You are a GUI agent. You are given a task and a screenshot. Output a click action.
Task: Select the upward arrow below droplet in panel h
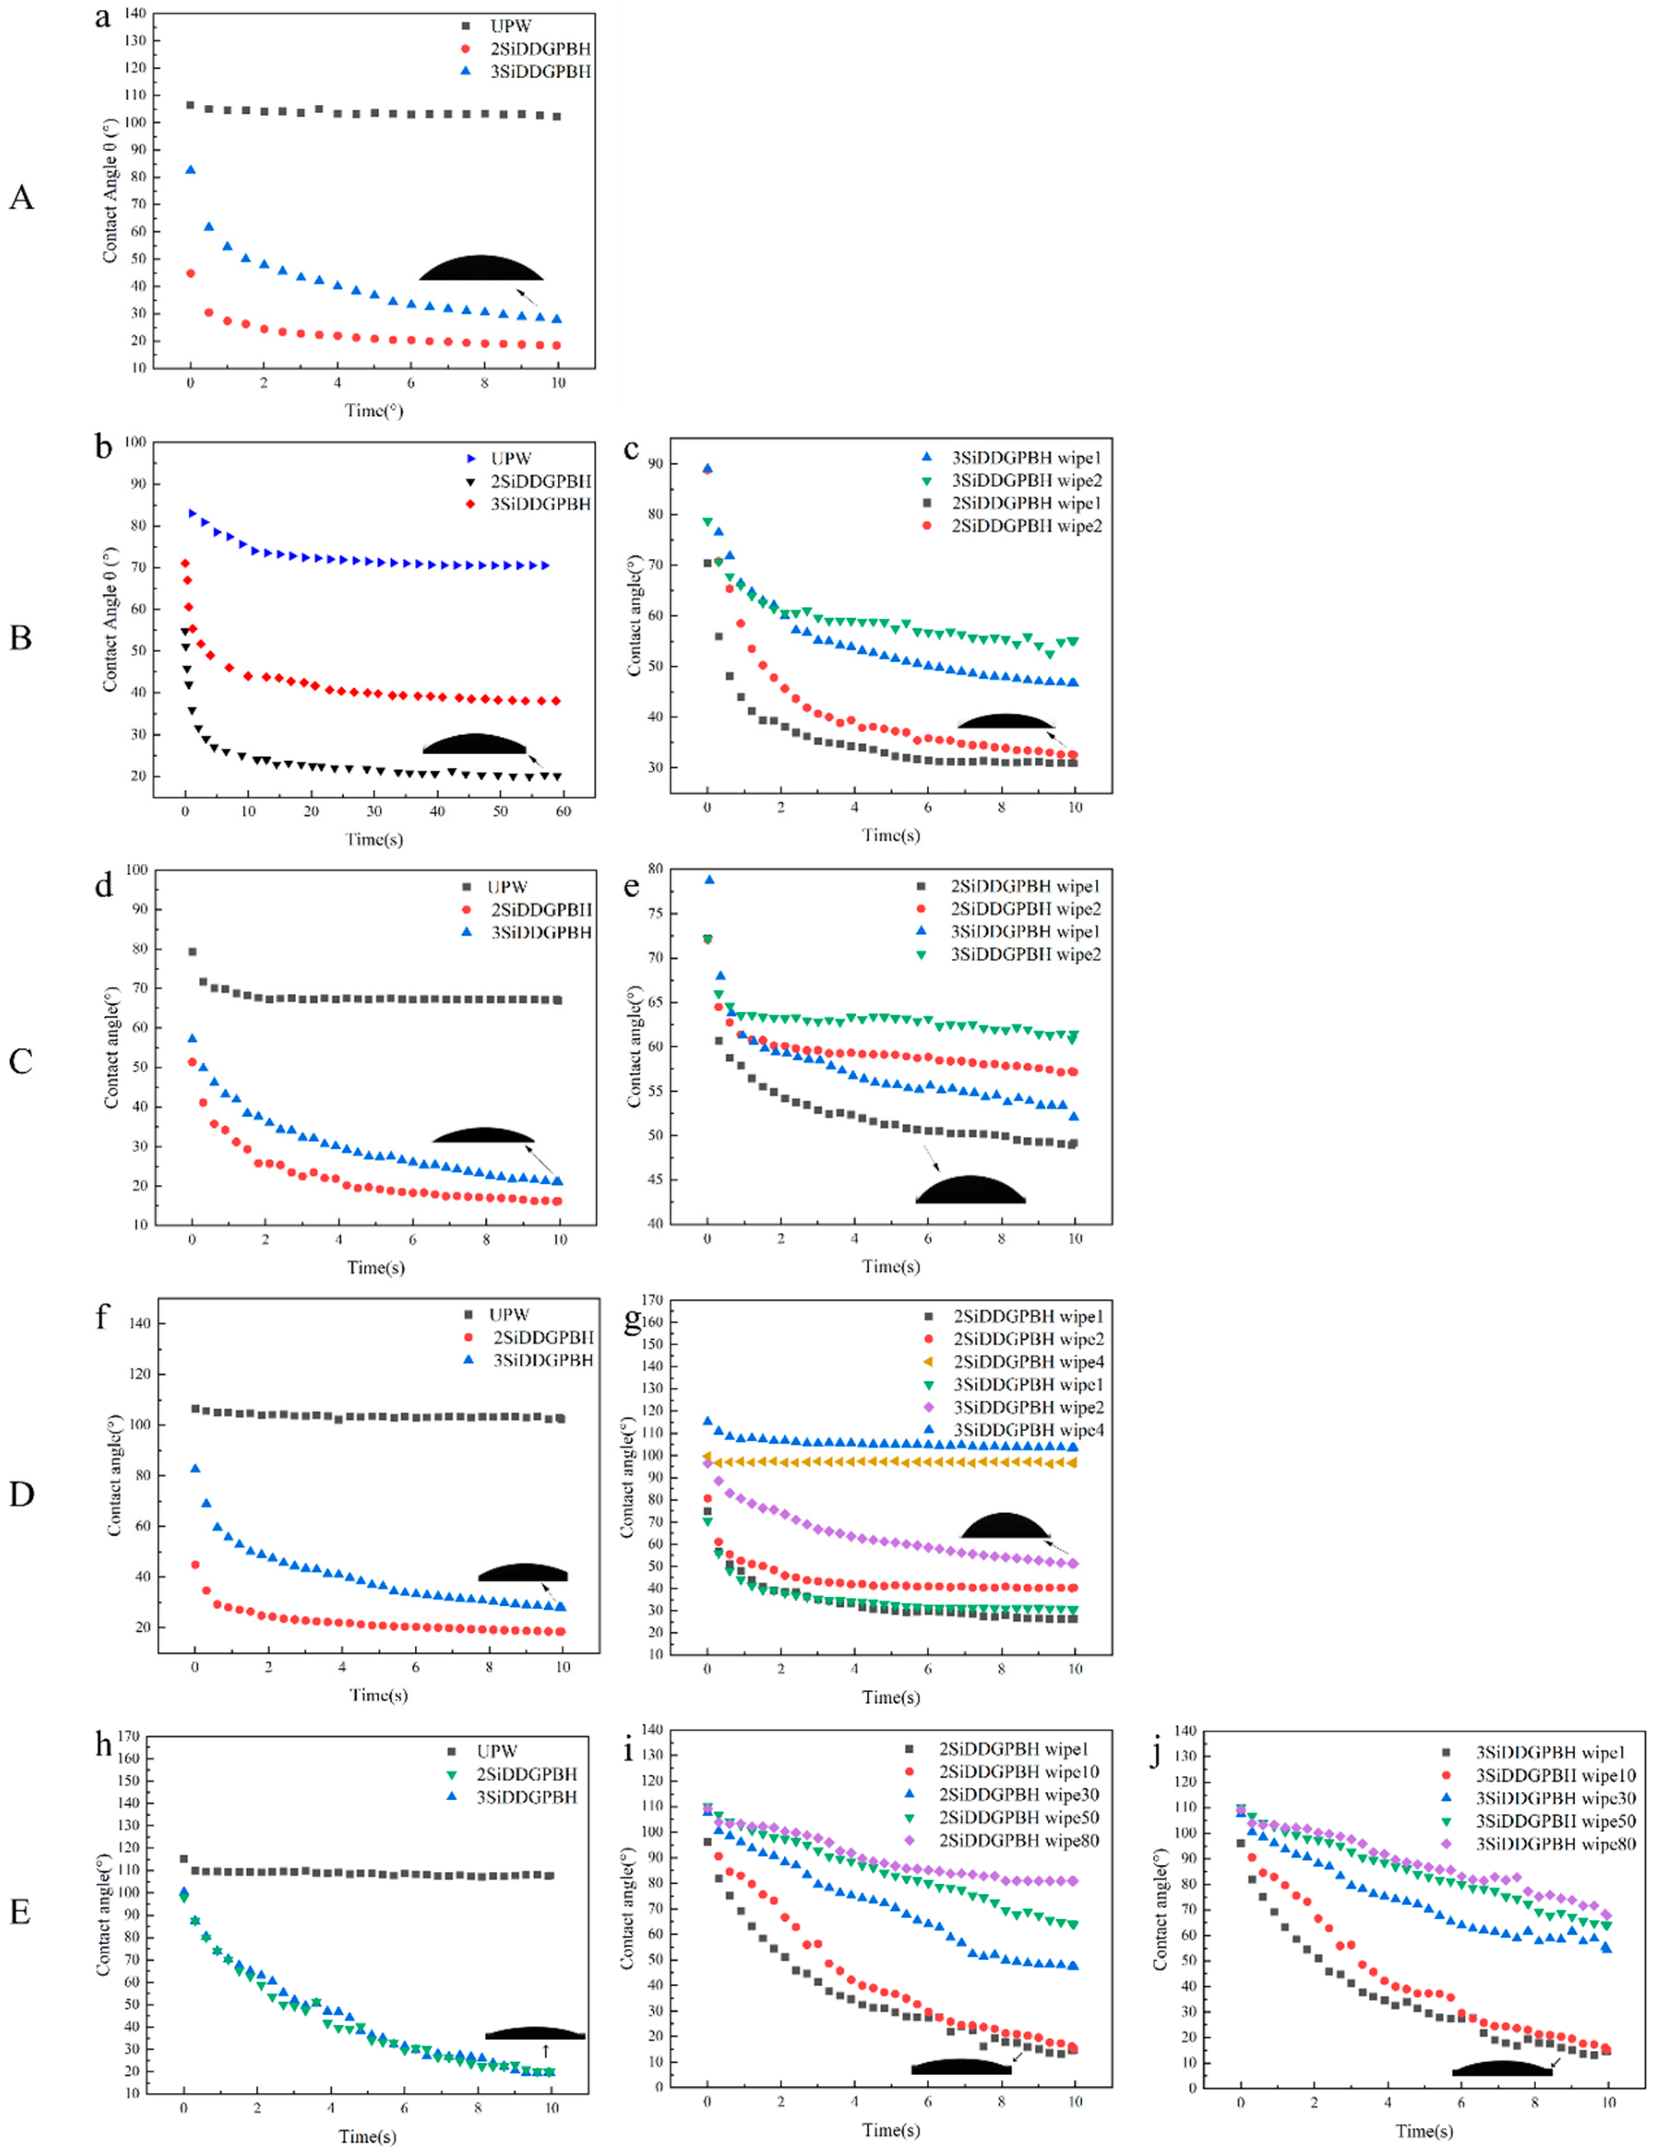pyautogui.click(x=545, y=2052)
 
